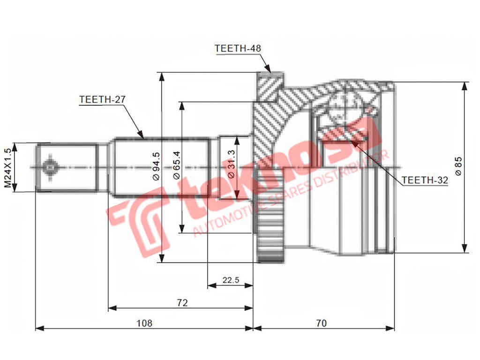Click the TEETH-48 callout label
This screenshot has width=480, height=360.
click(x=238, y=48)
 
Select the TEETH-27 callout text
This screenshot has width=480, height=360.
click(x=103, y=99)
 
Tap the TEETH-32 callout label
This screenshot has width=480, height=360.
click(x=425, y=180)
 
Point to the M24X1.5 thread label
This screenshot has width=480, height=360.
click(x=7, y=167)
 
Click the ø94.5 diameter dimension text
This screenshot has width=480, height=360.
click(x=157, y=166)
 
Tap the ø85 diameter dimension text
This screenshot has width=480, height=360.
click(x=458, y=166)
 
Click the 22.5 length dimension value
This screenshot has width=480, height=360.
click(x=231, y=280)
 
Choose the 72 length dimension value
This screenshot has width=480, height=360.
click(x=182, y=303)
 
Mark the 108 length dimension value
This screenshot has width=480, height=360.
click(x=144, y=323)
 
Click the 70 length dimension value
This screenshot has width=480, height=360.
click(x=322, y=323)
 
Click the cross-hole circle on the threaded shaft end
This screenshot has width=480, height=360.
click(x=50, y=167)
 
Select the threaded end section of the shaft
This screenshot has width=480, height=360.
click(x=67, y=167)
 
